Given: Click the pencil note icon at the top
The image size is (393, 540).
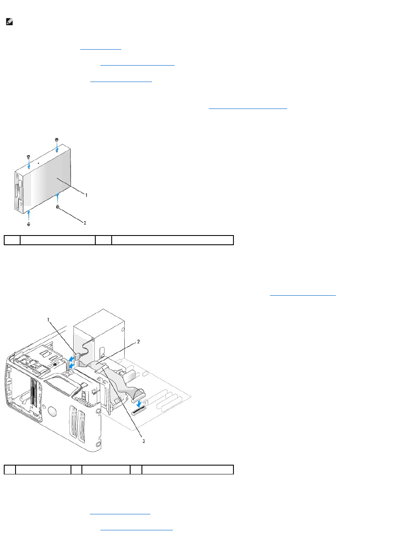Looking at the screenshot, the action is coord(9,24).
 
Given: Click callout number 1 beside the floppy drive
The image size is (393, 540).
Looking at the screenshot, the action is coord(86,195).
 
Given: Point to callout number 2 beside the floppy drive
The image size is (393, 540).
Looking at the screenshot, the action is coord(85,223).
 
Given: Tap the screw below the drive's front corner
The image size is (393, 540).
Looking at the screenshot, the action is coord(29,225).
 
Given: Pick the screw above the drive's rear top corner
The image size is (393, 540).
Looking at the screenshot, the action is coord(57,139).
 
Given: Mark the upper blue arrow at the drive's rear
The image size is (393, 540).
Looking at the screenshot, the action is coord(72,357).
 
